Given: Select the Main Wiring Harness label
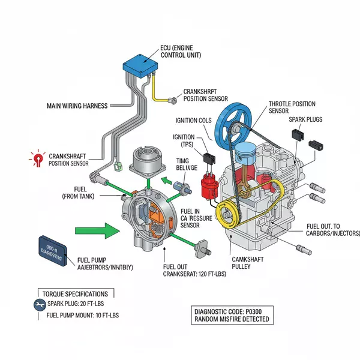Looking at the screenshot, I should tap(77, 106).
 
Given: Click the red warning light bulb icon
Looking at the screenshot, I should tap(37, 158).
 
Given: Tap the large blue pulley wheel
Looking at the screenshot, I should tap(238, 124).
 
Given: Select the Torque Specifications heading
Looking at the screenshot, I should tap(76, 294).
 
